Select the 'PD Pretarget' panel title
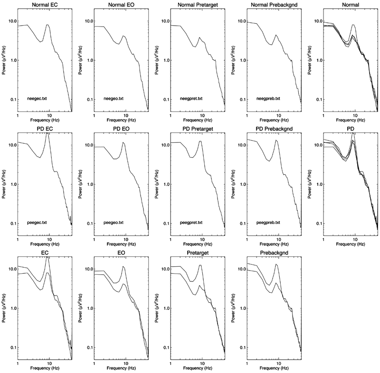(198, 130)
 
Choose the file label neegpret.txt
(191, 99)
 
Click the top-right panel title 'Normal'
(352, 6)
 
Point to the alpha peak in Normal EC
(47, 25)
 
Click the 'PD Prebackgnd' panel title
(275, 130)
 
